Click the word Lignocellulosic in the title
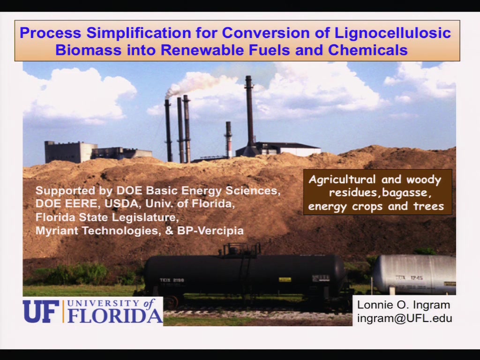click(x=392, y=33)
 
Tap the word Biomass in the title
click(x=89, y=50)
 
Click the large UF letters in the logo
click(x=41, y=311)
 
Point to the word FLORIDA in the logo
click(x=115, y=315)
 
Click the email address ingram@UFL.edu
click(x=405, y=318)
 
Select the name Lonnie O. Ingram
click(x=404, y=305)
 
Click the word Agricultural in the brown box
click(x=342, y=180)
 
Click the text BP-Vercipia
click(x=210, y=231)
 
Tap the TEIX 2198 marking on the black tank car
click(x=172, y=280)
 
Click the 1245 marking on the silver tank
click(x=417, y=278)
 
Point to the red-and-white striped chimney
click(x=228, y=139)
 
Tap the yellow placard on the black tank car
click(x=285, y=279)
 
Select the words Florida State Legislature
click(x=107, y=217)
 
